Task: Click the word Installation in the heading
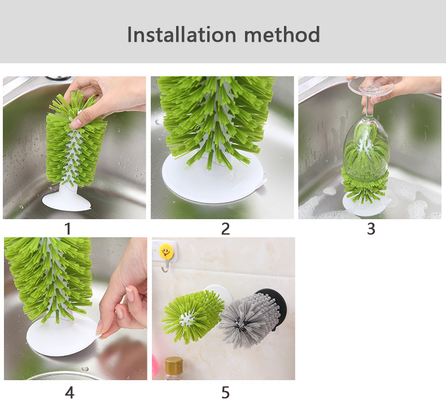click(x=181, y=34)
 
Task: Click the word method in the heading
click(x=282, y=34)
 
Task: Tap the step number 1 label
click(x=67, y=229)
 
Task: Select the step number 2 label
click(x=225, y=229)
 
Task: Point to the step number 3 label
click(x=371, y=229)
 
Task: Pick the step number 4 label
click(x=69, y=393)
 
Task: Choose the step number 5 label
click(x=225, y=393)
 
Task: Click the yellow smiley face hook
click(x=166, y=251)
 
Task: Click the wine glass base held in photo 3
click(x=370, y=86)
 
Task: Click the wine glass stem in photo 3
click(x=368, y=107)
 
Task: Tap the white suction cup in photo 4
click(x=63, y=337)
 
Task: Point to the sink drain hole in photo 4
click(x=85, y=369)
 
